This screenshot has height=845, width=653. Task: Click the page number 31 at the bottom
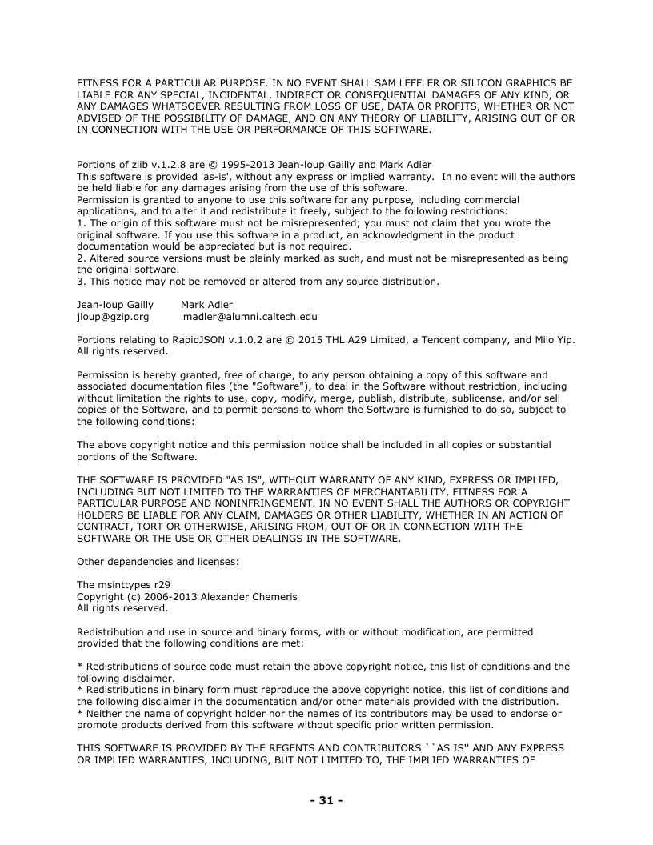(x=326, y=800)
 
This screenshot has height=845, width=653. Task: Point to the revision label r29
(x=162, y=585)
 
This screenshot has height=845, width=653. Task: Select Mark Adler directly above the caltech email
(x=206, y=305)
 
